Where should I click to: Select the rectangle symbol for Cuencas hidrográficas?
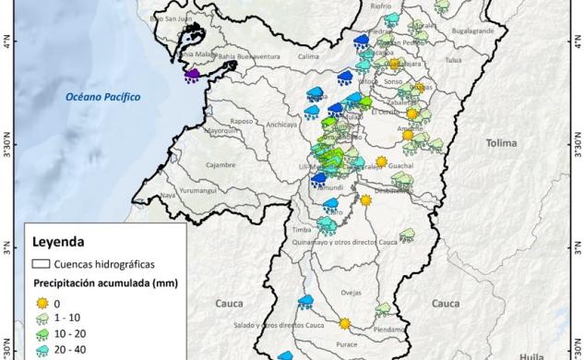(x=42, y=263)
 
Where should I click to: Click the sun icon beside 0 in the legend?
(x=42, y=302)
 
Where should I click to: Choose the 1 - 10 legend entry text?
(x=68, y=318)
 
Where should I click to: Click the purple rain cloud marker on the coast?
(x=193, y=76)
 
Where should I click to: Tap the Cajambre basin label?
(x=221, y=164)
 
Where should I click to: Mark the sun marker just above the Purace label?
(x=344, y=323)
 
